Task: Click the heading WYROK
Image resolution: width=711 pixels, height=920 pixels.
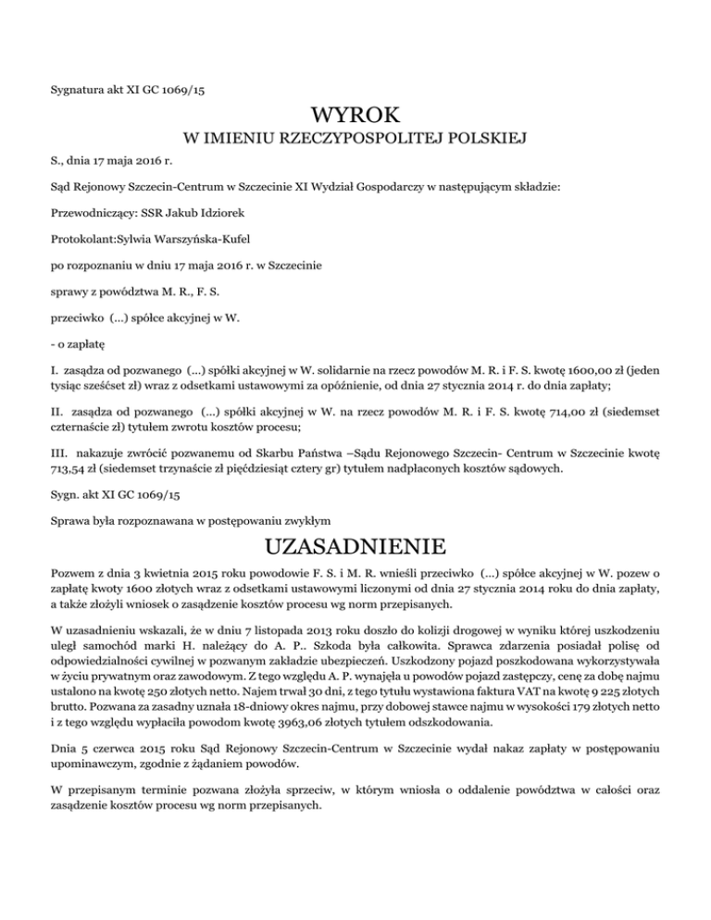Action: (356, 117)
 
